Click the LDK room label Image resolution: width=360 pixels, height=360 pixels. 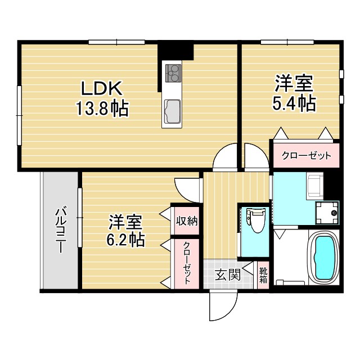(x=102, y=88)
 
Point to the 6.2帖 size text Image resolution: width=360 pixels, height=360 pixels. (x=125, y=240)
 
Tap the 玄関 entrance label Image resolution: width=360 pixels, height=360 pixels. (x=228, y=275)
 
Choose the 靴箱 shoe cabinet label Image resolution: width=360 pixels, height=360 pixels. (x=263, y=276)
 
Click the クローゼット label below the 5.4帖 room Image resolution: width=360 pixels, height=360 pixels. (x=307, y=155)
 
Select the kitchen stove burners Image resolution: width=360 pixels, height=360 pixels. (x=172, y=73)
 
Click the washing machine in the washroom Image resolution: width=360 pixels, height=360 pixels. (x=327, y=213)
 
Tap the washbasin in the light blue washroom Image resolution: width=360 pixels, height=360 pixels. (x=314, y=186)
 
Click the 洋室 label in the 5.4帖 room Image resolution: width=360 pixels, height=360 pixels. (x=294, y=84)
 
